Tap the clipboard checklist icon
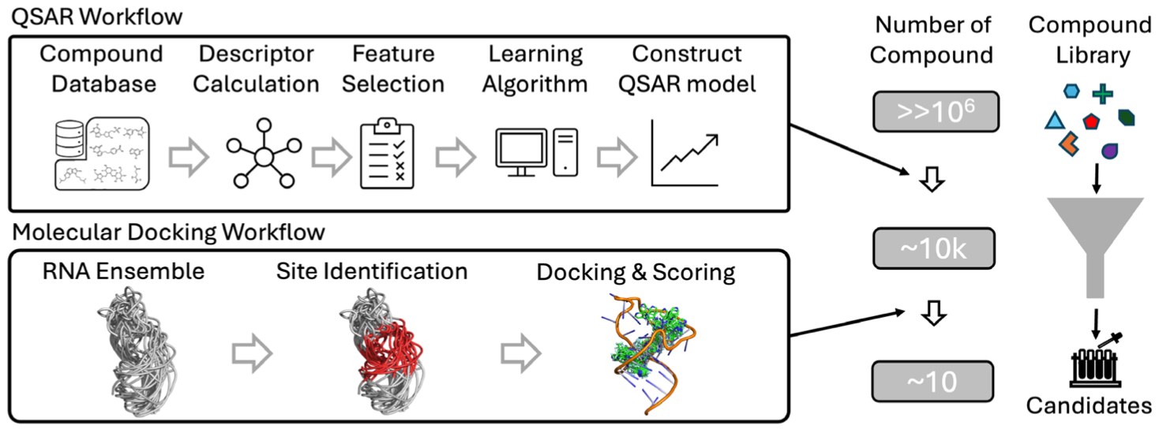coord(387,153)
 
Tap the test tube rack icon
coord(1093,364)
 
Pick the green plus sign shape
coord(1103,95)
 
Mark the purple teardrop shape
coord(1110,150)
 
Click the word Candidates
coord(1089,407)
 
